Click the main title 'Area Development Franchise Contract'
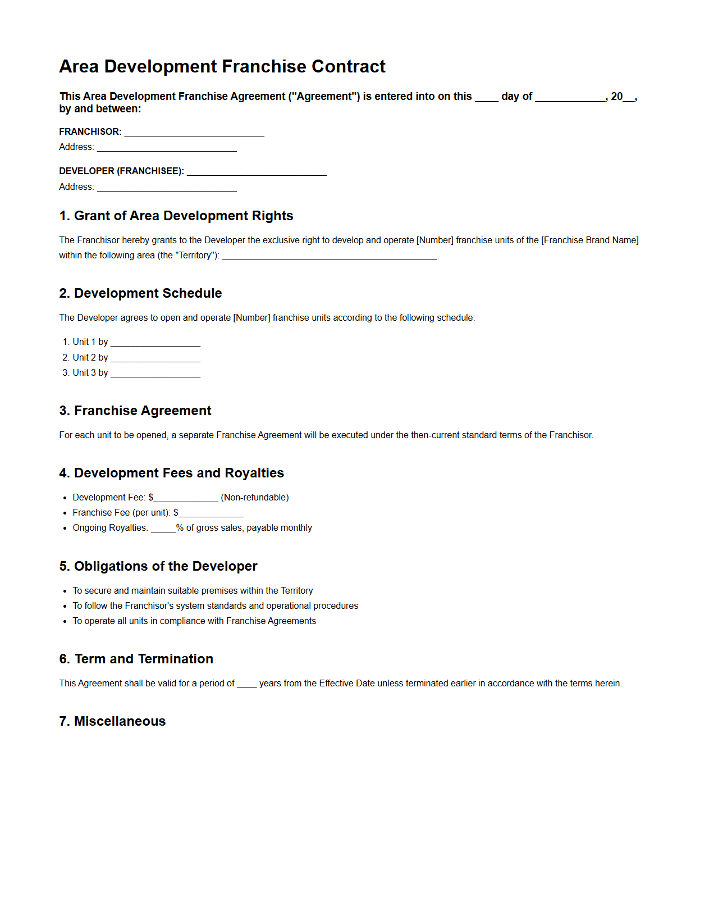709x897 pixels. (x=222, y=66)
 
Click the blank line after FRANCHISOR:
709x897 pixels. (x=194, y=133)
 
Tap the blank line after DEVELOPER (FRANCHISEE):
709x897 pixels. (x=257, y=172)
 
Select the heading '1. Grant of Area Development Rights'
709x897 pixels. (x=176, y=216)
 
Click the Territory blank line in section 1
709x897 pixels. (x=330, y=256)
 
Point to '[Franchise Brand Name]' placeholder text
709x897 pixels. (x=589, y=240)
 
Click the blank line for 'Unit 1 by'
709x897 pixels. (x=155, y=343)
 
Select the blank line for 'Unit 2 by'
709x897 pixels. (x=155, y=358)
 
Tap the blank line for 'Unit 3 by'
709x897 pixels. (x=155, y=374)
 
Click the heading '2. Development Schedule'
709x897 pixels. (x=140, y=293)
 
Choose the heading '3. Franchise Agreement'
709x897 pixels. (x=135, y=411)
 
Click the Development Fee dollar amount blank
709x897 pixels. (x=186, y=498)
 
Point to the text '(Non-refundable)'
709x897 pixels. (x=255, y=497)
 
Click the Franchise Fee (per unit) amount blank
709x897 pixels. (x=211, y=513)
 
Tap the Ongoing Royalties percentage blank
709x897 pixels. (x=163, y=529)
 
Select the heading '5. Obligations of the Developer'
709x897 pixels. (x=158, y=566)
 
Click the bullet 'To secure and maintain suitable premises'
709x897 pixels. (x=193, y=590)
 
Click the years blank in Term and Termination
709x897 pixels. (x=246, y=684)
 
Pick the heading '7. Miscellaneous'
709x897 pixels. (x=112, y=721)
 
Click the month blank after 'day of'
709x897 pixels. (x=570, y=98)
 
